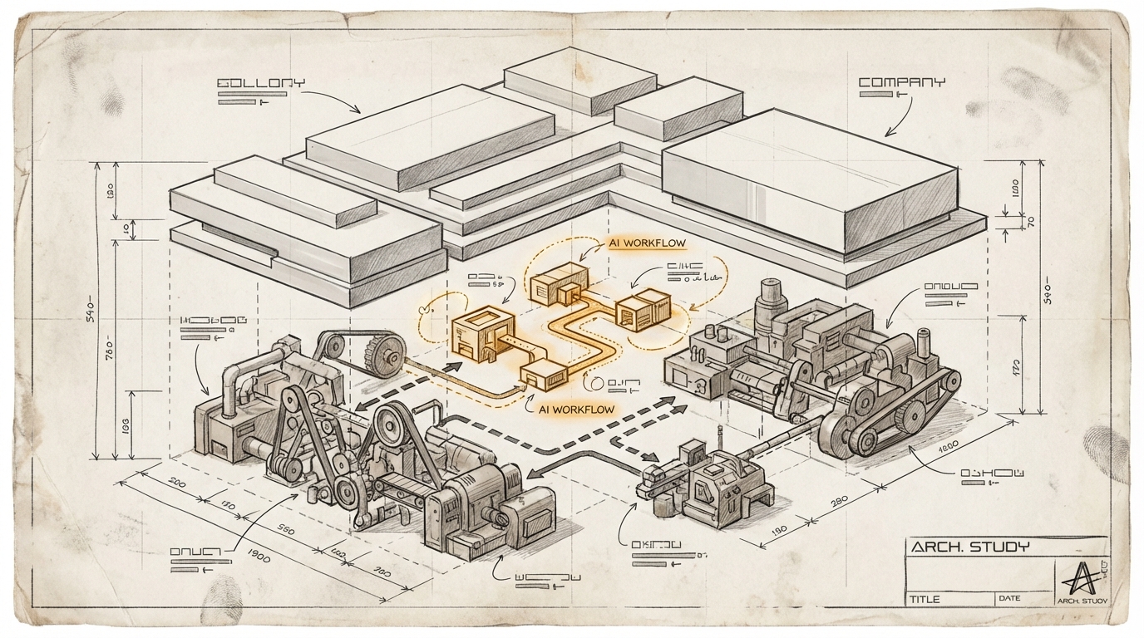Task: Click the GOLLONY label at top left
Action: pos(260,83)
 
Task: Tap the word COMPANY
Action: pos(901,82)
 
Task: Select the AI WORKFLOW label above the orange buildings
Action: pos(645,243)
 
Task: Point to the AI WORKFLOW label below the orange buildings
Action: pos(576,409)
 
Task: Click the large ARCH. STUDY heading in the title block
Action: pos(969,547)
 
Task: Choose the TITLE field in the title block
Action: pos(925,599)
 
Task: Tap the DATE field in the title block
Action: pos(1009,598)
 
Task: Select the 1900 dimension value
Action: pos(257,557)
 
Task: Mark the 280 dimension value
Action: pos(837,501)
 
